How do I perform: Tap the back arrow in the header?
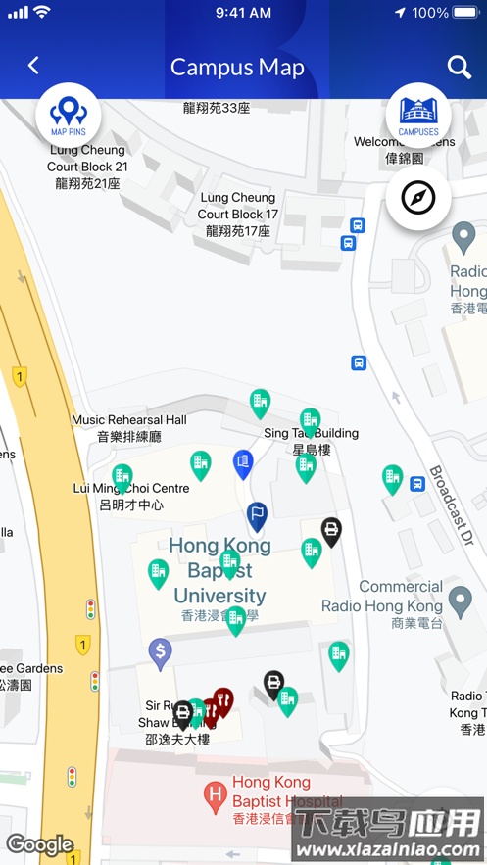pos(33,66)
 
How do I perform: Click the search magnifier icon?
pos(460,67)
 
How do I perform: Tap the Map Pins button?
pos(69,115)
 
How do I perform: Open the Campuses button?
pos(418,115)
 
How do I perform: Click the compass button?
pos(418,199)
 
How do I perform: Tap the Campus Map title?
pos(237,67)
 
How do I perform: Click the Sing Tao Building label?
pos(312,441)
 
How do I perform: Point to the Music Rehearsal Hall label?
pos(128,428)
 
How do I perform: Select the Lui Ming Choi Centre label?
pos(131,496)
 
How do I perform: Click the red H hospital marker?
pos(216,796)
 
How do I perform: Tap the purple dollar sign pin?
pos(160,650)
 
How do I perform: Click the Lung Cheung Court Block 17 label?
pos(238,215)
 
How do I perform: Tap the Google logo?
pos(40,844)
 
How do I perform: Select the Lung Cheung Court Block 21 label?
pos(87,167)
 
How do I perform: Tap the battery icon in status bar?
pos(465,13)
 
